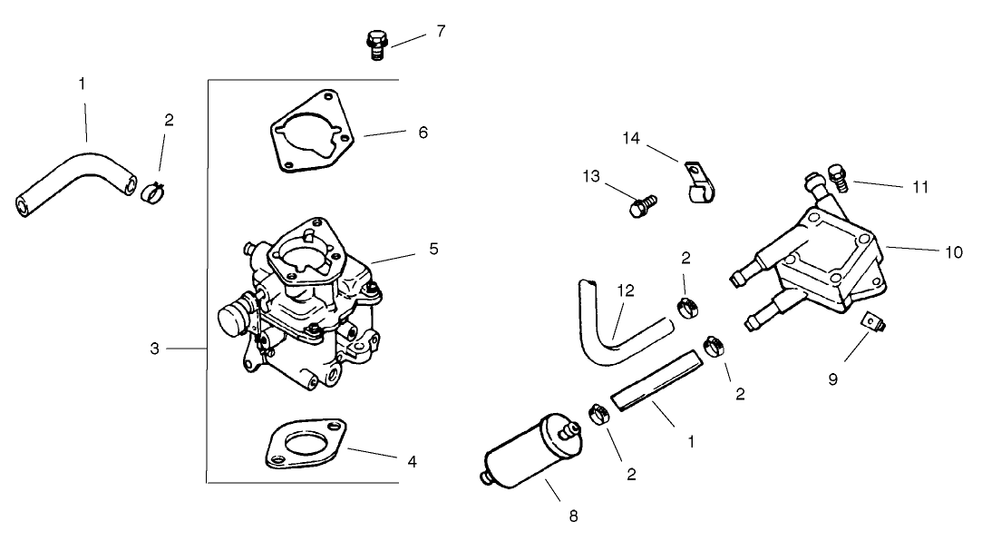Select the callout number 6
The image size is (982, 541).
[423, 133]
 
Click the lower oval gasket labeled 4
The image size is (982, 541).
[306, 445]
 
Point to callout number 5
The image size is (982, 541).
[433, 248]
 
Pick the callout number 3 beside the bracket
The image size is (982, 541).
[155, 349]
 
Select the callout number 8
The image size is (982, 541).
[572, 516]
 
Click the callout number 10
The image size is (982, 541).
[952, 252]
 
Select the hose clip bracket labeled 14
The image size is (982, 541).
[699, 183]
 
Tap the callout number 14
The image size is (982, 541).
[630, 138]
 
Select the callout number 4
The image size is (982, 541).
[412, 461]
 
